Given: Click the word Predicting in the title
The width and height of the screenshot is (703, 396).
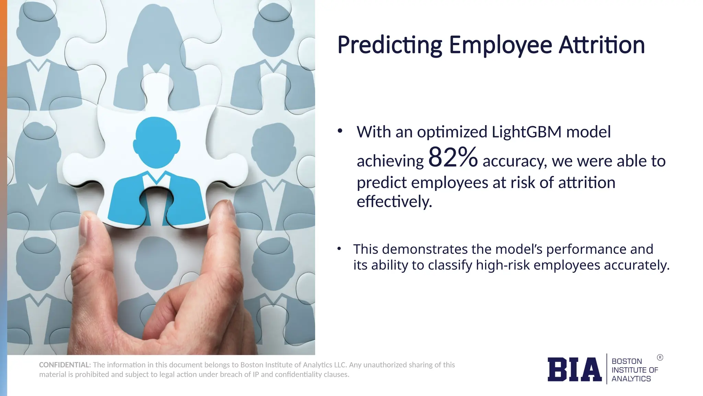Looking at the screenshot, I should pyautogui.click(x=390, y=45).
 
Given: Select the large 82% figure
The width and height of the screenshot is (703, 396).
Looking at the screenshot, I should pyautogui.click(x=453, y=157).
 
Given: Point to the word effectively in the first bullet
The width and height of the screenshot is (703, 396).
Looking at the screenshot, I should pyautogui.click(x=394, y=201).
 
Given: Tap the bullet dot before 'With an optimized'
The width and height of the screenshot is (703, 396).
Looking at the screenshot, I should pyautogui.click(x=340, y=131).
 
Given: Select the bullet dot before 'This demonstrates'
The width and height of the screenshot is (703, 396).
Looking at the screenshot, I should pyautogui.click(x=339, y=249).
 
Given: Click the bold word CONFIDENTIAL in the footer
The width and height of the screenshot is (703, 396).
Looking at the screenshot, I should pyautogui.click(x=64, y=365).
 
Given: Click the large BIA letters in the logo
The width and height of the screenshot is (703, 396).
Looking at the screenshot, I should pyautogui.click(x=574, y=370).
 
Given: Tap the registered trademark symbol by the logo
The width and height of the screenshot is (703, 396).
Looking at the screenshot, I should pyautogui.click(x=660, y=357).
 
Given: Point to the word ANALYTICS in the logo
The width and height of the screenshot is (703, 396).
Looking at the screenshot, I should pyautogui.click(x=631, y=379).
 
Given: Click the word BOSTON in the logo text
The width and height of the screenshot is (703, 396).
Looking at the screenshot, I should pyautogui.click(x=626, y=361).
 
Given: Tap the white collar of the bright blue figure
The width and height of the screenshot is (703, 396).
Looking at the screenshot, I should pyautogui.click(x=157, y=179).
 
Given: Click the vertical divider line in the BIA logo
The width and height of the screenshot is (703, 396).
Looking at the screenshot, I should pyautogui.click(x=607, y=369).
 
